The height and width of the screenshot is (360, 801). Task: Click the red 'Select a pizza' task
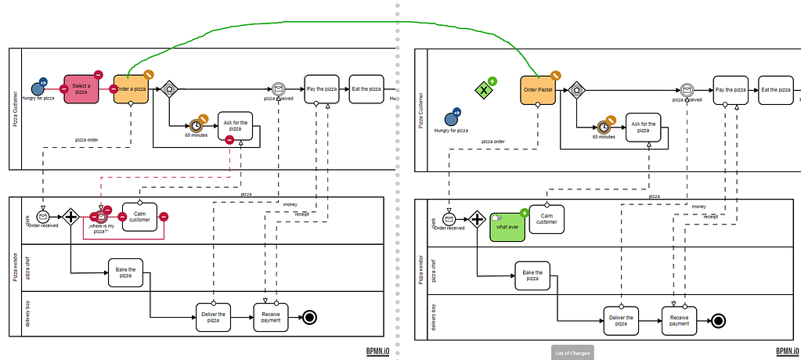point(81,88)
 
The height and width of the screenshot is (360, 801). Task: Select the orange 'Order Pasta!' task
point(538,89)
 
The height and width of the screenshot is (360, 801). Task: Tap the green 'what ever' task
point(507,227)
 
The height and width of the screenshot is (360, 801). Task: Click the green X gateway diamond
point(485,90)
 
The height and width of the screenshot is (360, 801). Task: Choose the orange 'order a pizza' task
point(131,88)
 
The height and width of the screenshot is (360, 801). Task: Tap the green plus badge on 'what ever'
point(524,213)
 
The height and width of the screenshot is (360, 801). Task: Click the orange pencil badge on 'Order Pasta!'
point(555,75)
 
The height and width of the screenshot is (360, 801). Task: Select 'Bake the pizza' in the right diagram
point(532,275)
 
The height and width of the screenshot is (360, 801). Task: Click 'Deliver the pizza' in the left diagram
point(213,318)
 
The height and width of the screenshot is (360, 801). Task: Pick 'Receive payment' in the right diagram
point(680,320)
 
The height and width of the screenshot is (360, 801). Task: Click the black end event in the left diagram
point(309,318)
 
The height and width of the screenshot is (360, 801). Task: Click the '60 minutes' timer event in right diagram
point(604,126)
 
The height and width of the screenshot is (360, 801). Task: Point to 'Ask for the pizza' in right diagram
point(643,127)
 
